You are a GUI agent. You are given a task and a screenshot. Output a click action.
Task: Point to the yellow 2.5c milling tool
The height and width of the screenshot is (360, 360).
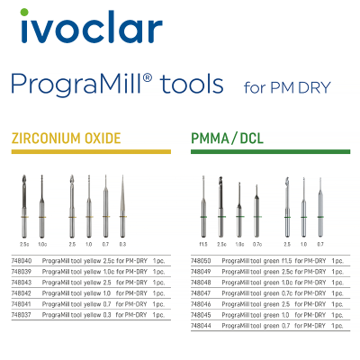pos(24,207)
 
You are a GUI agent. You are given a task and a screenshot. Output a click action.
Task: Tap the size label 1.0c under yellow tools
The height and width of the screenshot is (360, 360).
pos(42,243)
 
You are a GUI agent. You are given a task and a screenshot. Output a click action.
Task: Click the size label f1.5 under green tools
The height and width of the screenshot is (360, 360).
pos(203,243)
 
